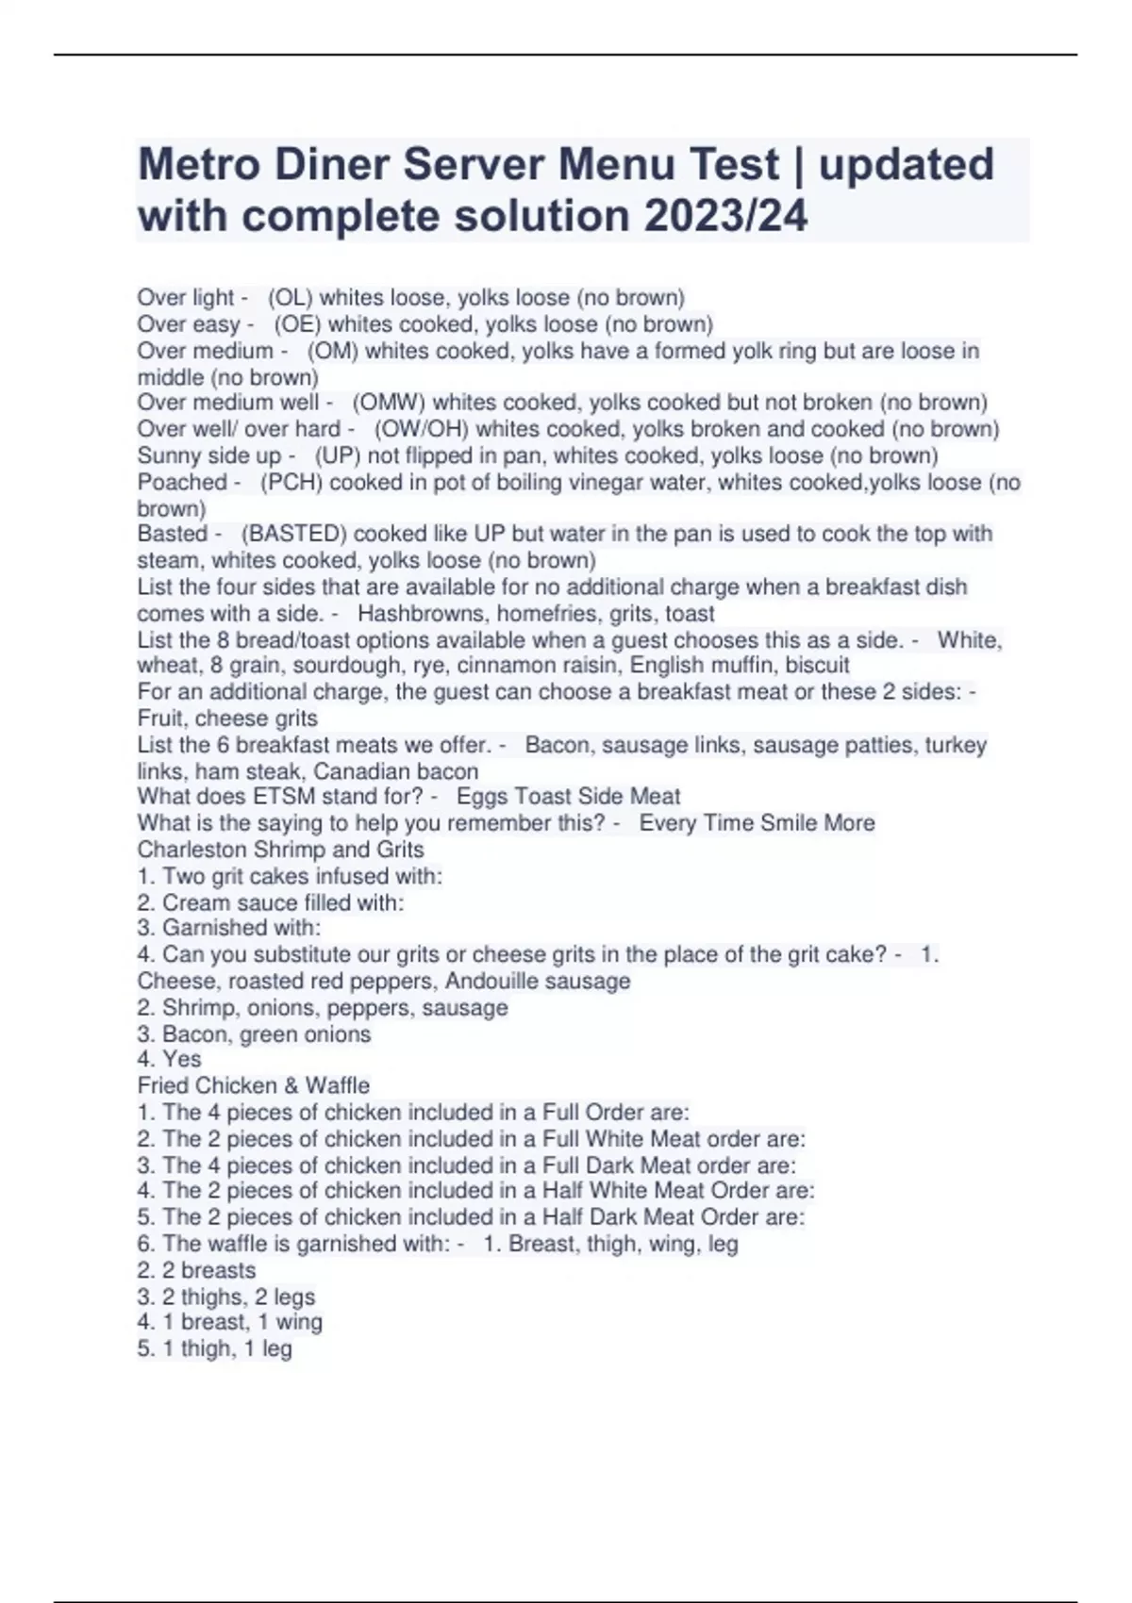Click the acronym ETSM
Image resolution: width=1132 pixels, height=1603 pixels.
tap(284, 797)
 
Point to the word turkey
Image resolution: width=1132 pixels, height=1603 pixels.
tap(955, 745)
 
